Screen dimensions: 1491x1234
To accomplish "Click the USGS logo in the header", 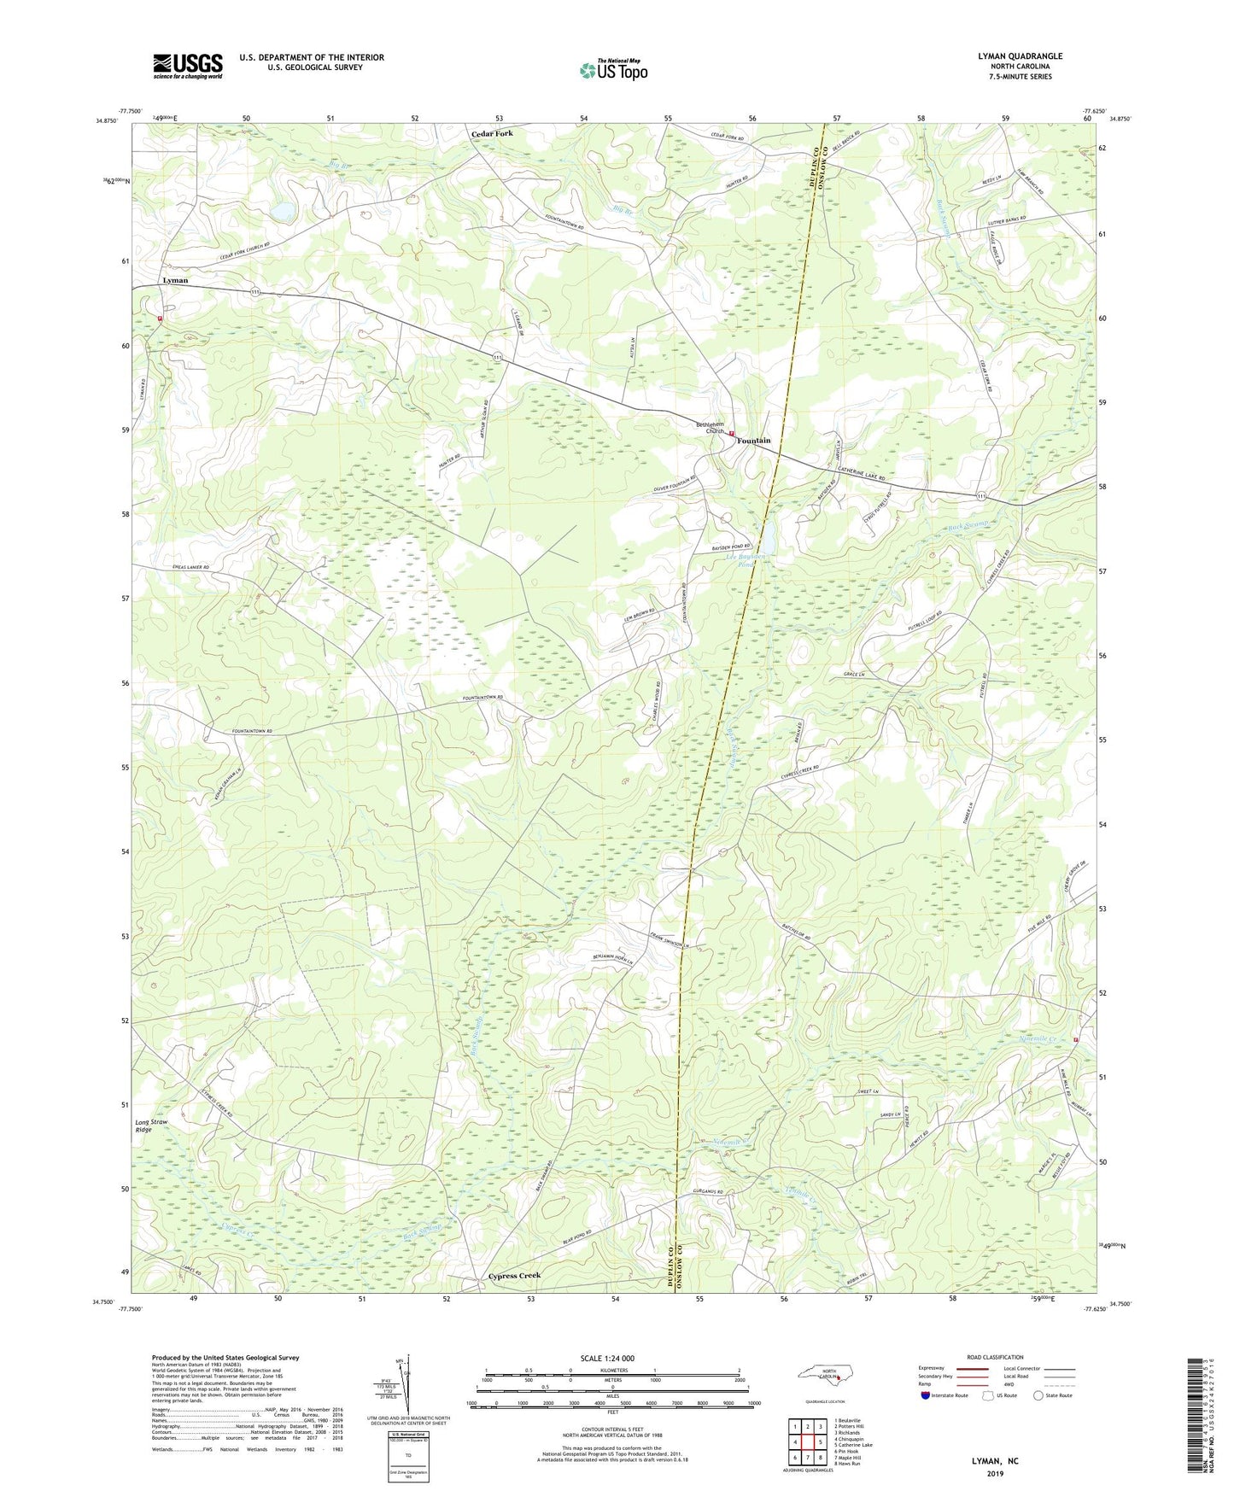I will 188,66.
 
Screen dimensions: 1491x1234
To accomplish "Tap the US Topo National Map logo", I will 613,70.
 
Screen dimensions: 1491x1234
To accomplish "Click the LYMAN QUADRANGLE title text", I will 1020,56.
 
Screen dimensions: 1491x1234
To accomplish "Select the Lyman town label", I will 175,280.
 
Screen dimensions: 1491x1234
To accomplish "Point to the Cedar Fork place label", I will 493,134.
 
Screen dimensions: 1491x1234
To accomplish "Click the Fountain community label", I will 754,441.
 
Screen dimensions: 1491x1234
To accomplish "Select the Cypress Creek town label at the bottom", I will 514,1276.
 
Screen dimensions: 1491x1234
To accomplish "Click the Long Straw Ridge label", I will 151,1126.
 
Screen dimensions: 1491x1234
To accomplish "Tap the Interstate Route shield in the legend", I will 926,1395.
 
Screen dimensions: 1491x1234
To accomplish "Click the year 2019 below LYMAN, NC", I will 994,1474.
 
